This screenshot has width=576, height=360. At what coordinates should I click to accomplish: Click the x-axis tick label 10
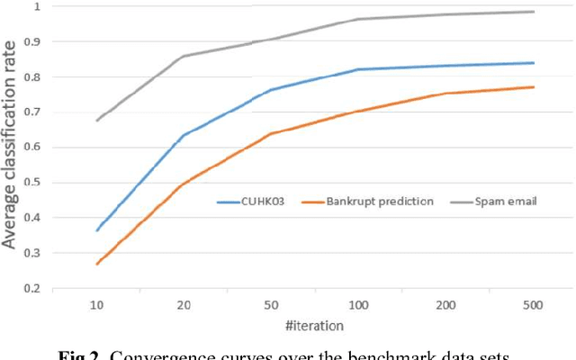pyautogui.click(x=97, y=306)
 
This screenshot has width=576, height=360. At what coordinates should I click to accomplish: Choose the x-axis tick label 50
pyautogui.click(x=270, y=306)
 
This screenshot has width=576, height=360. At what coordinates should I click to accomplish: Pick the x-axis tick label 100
pyautogui.click(x=357, y=306)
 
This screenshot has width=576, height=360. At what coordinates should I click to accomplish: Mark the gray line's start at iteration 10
pyautogui.click(x=97, y=120)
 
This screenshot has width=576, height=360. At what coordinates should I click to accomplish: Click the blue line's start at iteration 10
pyautogui.click(x=97, y=230)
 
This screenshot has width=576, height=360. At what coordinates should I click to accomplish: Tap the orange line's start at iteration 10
pyautogui.click(x=97, y=264)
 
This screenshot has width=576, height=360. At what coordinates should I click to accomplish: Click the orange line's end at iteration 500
pyautogui.click(x=534, y=87)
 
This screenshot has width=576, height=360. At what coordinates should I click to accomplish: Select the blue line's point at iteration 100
pyautogui.click(x=357, y=69)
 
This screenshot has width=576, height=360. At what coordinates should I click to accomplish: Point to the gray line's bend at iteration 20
pyautogui.click(x=184, y=56)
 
